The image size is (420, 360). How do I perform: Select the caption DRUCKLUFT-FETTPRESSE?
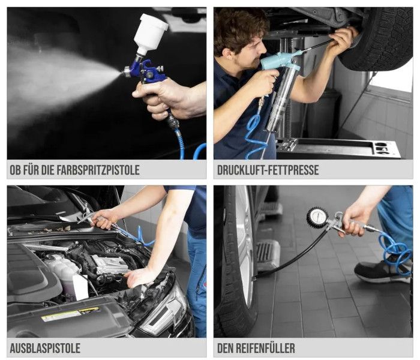[268, 170]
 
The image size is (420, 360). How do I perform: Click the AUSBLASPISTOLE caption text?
[45, 348]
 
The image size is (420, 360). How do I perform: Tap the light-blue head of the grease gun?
[278, 59]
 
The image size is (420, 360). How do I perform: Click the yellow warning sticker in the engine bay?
[71, 314]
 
